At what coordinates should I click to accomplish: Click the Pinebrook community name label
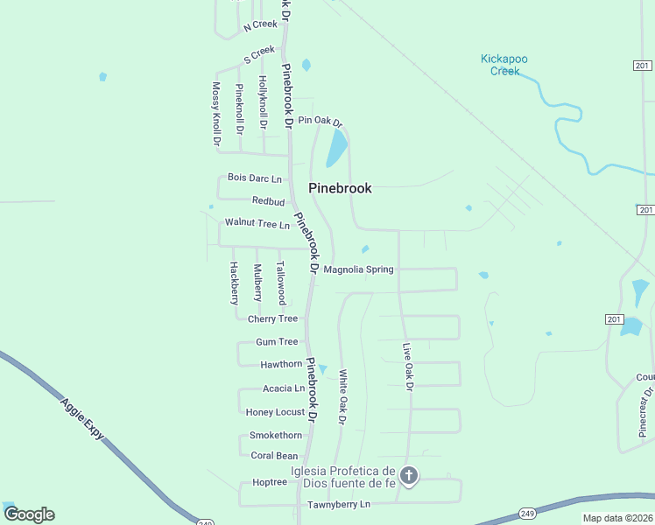click(x=340, y=188)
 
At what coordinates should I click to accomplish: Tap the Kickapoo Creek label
click(x=504, y=65)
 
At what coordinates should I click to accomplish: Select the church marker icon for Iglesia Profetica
click(x=409, y=476)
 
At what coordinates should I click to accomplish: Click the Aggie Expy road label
click(x=82, y=418)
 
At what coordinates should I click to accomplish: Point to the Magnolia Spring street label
click(x=358, y=269)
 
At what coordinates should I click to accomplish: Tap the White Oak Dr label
click(x=343, y=397)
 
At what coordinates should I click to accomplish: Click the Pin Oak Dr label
click(x=320, y=121)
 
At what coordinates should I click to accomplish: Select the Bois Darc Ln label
click(x=255, y=178)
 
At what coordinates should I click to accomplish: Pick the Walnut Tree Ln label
click(x=257, y=224)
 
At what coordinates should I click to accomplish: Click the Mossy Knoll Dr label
click(x=216, y=115)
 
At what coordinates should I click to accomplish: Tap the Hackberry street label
click(x=234, y=283)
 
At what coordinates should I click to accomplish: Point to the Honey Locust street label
click(x=275, y=412)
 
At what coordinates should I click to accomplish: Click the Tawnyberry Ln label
click(x=339, y=505)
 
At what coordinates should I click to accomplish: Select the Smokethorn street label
click(x=276, y=435)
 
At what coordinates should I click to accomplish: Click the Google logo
click(x=29, y=514)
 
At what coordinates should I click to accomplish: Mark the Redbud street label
click(x=269, y=201)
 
